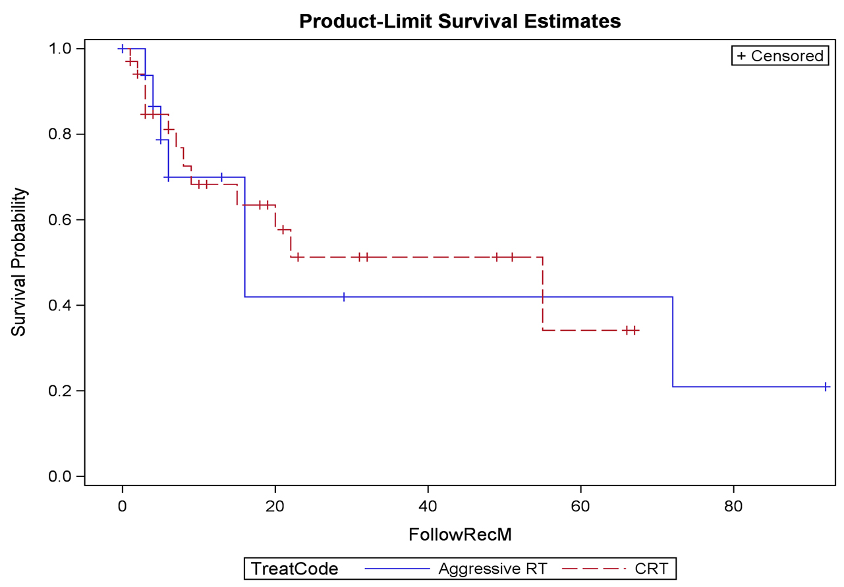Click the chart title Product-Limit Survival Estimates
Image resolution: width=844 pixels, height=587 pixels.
pos(459,21)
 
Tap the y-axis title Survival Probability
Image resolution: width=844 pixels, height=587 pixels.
pos(20,262)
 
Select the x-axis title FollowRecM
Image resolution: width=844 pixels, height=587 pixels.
pos(460,536)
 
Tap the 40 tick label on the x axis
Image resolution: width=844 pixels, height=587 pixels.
pos(428,507)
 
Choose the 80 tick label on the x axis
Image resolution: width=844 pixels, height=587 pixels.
pos(734,507)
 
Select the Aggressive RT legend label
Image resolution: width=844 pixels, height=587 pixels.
pos(492,569)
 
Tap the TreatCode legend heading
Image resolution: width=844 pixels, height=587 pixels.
pos(293,569)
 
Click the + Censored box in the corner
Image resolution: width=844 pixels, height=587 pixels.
pos(779,56)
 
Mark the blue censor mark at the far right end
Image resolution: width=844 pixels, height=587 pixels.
pos(826,387)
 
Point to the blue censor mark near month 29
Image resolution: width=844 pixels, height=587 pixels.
pos(344,297)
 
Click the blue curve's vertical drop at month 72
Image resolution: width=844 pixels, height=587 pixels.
pos(673,341)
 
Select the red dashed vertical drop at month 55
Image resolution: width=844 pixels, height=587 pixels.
pos(543,293)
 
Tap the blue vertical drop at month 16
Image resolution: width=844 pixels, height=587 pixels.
pos(244,237)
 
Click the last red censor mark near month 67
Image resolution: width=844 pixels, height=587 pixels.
pos(634,330)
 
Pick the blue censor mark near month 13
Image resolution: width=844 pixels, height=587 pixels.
pos(221,177)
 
